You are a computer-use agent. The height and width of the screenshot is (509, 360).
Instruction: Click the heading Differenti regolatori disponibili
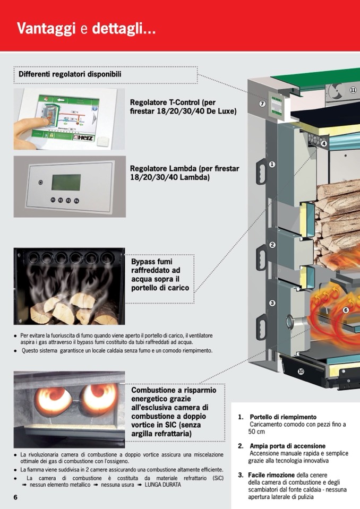point(70,75)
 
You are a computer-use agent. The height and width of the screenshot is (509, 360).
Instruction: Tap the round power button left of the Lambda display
point(40,183)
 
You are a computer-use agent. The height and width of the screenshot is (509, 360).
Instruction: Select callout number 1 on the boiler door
point(272,165)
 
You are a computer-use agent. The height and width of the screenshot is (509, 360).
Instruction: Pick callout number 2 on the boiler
point(272,245)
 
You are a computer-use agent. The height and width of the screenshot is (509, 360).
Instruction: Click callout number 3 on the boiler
point(272,303)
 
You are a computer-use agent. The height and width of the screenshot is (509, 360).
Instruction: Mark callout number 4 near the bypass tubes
point(324,143)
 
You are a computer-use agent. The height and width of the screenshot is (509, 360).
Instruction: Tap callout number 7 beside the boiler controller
point(262,103)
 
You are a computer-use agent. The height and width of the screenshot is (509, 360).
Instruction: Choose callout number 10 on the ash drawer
point(301,371)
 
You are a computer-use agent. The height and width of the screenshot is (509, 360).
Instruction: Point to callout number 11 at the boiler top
point(353,90)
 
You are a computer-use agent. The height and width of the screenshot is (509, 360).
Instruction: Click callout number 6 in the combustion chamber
point(346,310)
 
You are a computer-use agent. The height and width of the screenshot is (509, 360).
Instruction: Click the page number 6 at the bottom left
point(16,497)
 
